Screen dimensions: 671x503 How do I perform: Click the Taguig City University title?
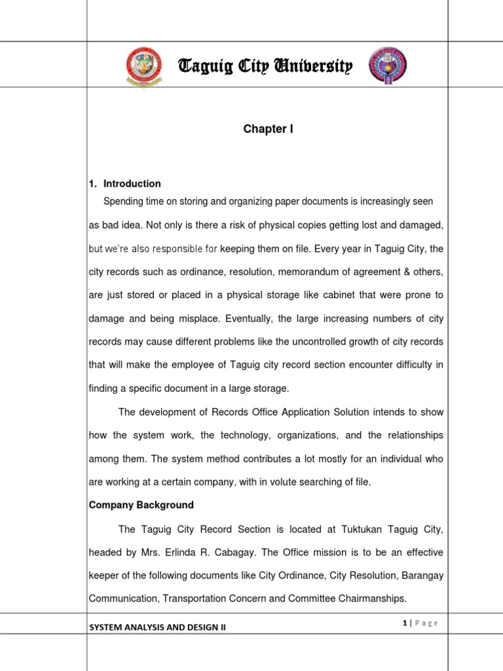coord(266,66)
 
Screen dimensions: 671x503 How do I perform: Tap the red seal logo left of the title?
coord(142,66)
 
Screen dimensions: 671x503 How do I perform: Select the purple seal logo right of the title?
coord(387,66)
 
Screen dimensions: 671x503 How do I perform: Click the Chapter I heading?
coord(268,130)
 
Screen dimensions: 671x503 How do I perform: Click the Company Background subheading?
coord(141,505)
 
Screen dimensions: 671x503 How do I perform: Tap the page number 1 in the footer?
coord(406,623)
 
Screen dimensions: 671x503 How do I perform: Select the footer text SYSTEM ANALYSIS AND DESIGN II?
coord(157,627)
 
